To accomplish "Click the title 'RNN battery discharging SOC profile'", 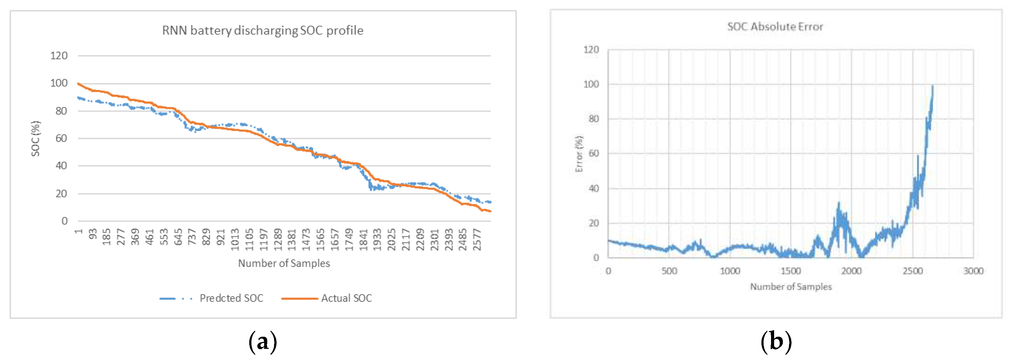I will pos(263,30).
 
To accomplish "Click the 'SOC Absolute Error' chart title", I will pos(775,27).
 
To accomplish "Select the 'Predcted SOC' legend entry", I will pos(231,298).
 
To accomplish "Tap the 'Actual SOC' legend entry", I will pos(346,298).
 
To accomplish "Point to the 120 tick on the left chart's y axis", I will pos(59,56).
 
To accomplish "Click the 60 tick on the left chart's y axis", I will pos(61,138).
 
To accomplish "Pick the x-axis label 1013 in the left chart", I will pos(235,239).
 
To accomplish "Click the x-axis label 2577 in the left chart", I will pos(477,239).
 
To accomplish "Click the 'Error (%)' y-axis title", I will pos(578,154).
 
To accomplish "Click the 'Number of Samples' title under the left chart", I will pos(284,263).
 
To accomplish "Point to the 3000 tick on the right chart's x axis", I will pos(973,271).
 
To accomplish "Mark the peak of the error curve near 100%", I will pos(932,87).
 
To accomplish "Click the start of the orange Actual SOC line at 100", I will pos(79,83).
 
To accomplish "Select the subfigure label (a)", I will pos(263,341).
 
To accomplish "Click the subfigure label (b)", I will pos(775,341).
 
